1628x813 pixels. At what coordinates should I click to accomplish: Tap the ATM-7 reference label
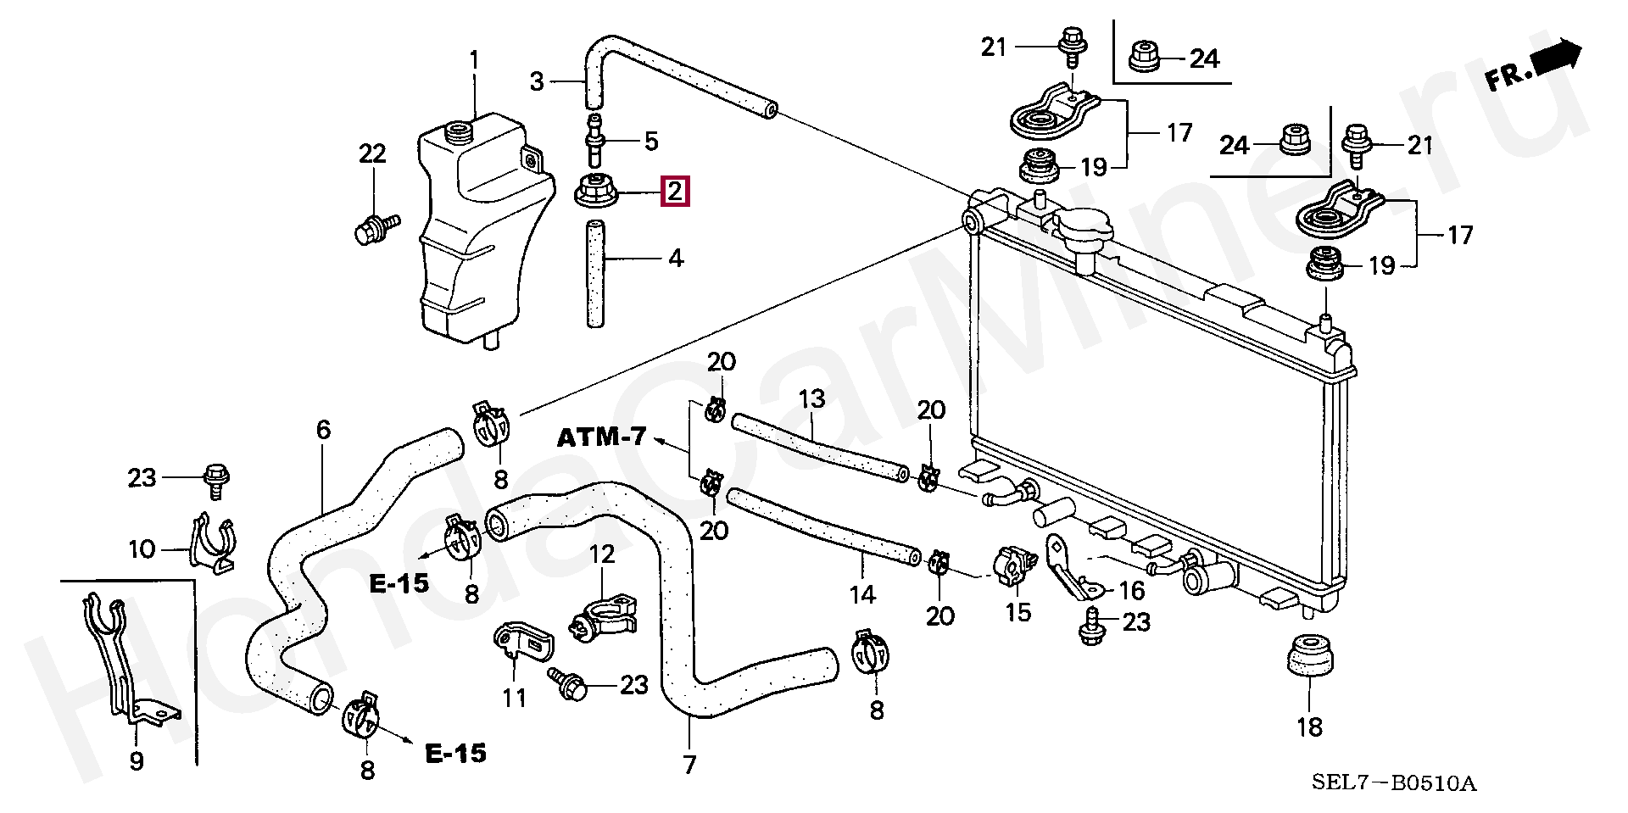[601, 438]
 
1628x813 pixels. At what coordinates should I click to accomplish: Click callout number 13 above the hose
[811, 398]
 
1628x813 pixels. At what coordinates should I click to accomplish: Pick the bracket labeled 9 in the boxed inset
[132, 661]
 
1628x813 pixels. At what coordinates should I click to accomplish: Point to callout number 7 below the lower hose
[689, 765]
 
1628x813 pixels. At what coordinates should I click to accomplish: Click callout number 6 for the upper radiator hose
[323, 431]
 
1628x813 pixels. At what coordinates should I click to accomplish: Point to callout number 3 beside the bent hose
[537, 82]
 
